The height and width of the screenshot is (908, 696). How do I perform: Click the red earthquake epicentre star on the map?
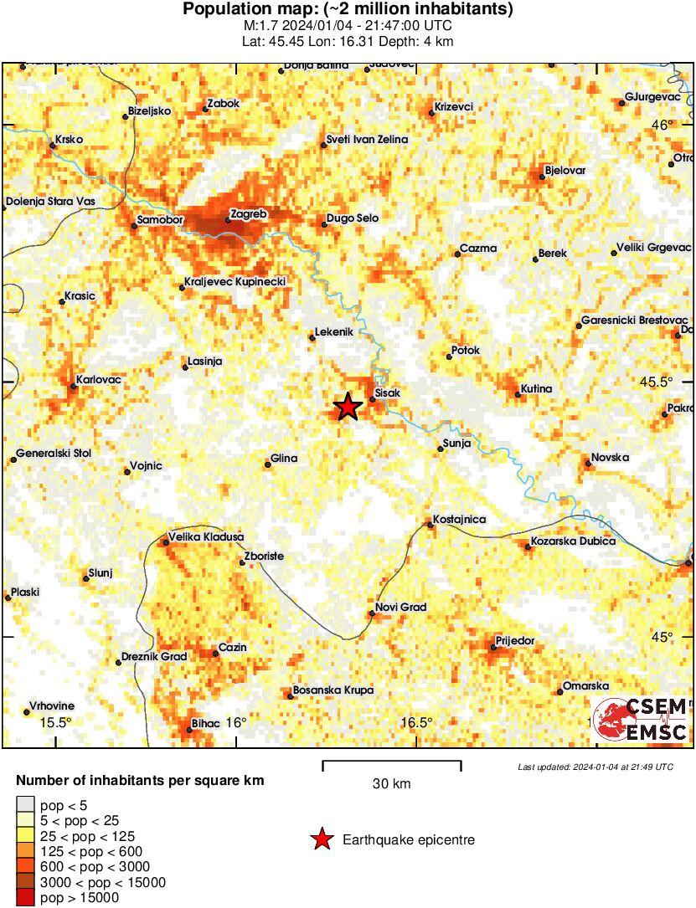point(348,408)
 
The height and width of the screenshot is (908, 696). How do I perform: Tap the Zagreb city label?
point(248,214)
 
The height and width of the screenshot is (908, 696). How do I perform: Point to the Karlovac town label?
point(99,380)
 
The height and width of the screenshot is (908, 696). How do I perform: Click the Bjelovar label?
point(565,171)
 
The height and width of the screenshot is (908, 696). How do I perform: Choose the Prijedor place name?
point(515,641)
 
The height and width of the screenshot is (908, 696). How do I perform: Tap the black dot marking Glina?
point(268,464)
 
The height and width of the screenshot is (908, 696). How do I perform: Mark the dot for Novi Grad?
point(372,613)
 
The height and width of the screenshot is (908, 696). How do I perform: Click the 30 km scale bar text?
point(391,784)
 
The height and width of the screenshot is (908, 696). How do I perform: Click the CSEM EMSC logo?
point(641,719)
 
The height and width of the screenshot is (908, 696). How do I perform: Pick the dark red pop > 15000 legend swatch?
point(26,898)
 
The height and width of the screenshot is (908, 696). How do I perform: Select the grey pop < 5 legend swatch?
point(26,806)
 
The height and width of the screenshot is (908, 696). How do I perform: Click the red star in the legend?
point(321,839)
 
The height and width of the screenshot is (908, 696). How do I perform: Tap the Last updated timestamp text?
point(595,767)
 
